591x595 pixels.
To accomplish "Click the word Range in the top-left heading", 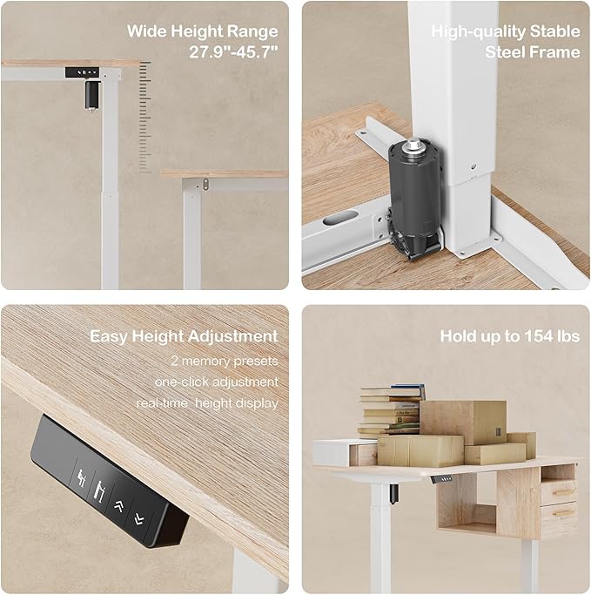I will [253, 31].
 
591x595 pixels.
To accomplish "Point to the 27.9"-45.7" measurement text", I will [233, 52].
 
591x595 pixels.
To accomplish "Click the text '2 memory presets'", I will [225, 359].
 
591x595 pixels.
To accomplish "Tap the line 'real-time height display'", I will [207, 402].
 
